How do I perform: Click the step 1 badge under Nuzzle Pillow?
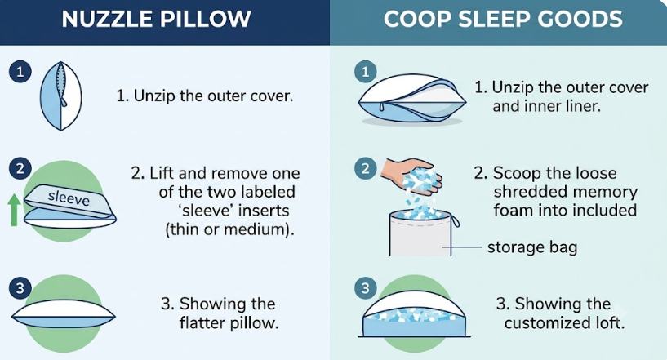[x=20, y=72]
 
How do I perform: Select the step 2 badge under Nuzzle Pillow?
[x=20, y=169]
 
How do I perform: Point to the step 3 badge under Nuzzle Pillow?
[x=20, y=288]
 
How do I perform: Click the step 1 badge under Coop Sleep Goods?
[x=366, y=72]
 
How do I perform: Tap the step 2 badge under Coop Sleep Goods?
[x=366, y=169]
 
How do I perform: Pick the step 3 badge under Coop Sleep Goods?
[x=366, y=288]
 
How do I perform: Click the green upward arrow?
[x=14, y=210]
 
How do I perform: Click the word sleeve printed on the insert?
[x=69, y=198]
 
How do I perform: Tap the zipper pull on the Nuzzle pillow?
[x=64, y=102]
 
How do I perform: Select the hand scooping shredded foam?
[x=410, y=175]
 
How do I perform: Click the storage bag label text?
[x=532, y=247]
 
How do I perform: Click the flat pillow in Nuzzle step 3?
[x=64, y=315]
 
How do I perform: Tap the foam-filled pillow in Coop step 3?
[x=414, y=314]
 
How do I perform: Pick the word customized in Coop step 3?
[x=542, y=323]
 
